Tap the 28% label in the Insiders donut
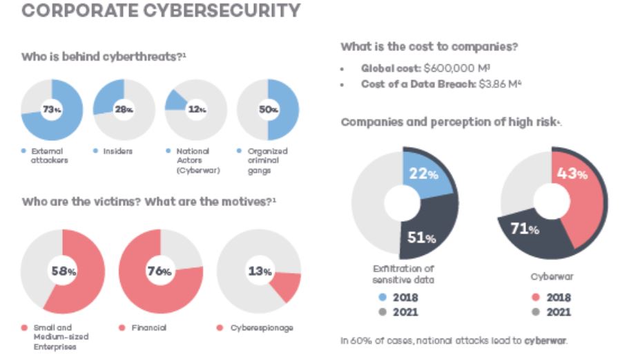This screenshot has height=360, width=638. (x=124, y=110)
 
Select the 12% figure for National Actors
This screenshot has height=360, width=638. (x=196, y=110)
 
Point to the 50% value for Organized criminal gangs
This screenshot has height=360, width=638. (x=269, y=110)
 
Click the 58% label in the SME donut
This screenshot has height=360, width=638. (x=63, y=271)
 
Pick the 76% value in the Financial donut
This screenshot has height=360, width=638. (x=159, y=271)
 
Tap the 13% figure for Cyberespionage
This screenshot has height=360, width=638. (x=260, y=271)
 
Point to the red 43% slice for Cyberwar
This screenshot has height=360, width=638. (x=579, y=200)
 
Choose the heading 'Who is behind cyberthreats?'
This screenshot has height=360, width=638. (x=104, y=56)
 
